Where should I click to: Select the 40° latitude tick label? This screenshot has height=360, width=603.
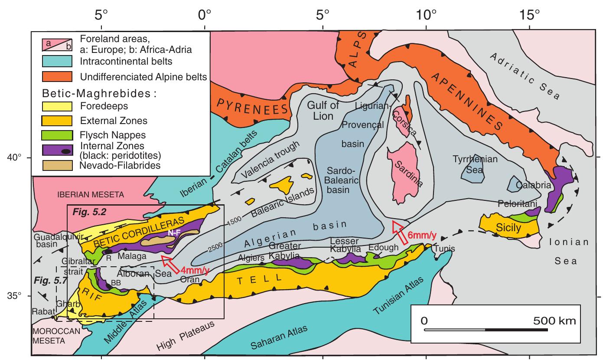point(16,157)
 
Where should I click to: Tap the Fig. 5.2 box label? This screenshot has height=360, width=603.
point(84,213)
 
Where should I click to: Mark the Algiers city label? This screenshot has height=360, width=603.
point(249,257)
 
